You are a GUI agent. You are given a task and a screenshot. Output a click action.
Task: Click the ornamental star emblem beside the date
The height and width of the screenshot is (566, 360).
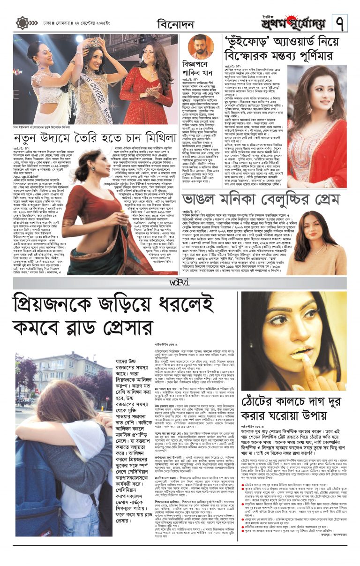[22, 23]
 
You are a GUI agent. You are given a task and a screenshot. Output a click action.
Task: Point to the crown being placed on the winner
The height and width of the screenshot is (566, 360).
[97, 43]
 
